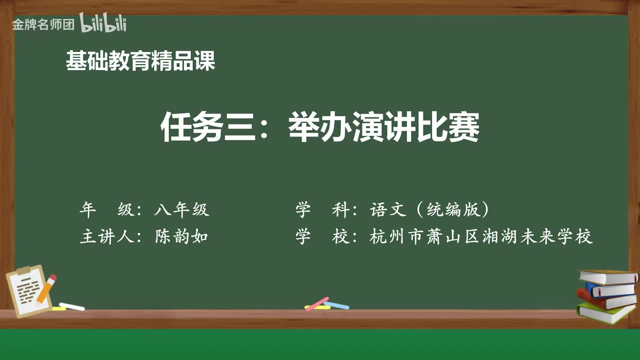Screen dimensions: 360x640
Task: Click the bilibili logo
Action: pos(102,23)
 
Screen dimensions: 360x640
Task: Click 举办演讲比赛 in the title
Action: pos(384,128)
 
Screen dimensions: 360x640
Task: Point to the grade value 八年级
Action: pos(181,210)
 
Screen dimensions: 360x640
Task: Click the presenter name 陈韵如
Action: pos(181,236)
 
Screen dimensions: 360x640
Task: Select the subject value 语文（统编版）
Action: pos(429,210)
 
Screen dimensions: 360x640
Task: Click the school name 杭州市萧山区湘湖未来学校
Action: pos(481,236)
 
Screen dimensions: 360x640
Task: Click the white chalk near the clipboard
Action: pos(71,306)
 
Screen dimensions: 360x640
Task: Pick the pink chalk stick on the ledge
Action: pos(317,303)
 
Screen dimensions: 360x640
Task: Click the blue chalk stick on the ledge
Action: pos(336,305)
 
